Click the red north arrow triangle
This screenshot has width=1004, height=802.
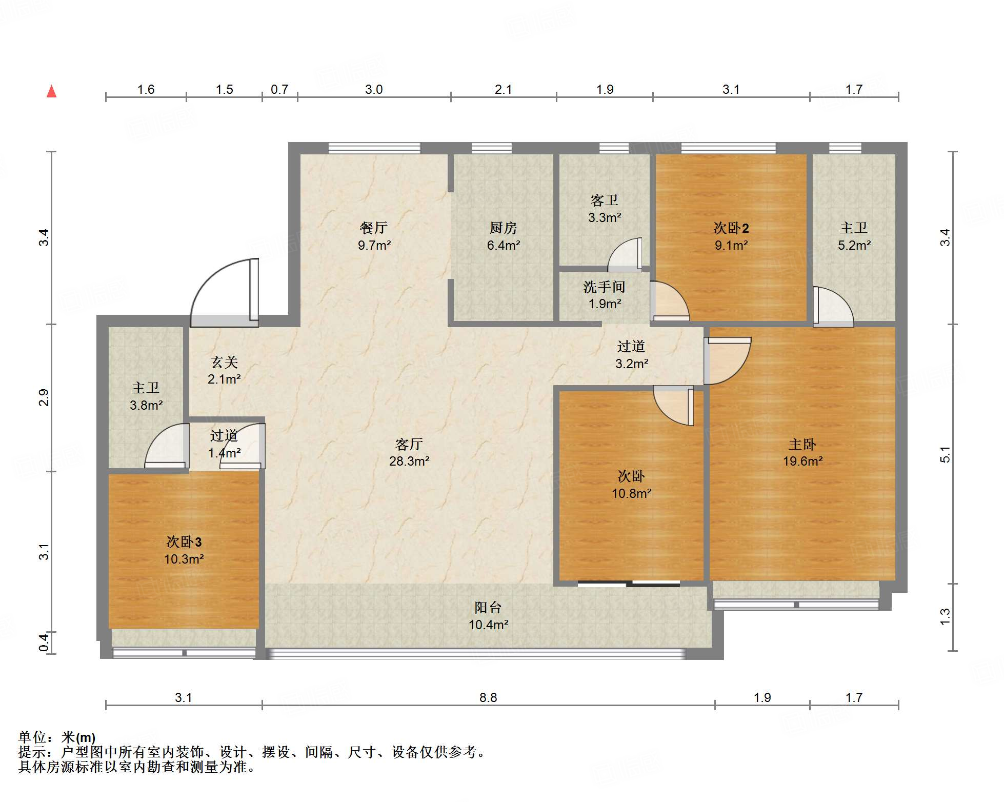click(51, 92)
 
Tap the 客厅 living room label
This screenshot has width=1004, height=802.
click(409, 444)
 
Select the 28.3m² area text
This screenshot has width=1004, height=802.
click(409, 461)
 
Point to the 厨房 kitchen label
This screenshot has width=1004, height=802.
click(503, 228)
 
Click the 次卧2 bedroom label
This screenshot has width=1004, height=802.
click(731, 228)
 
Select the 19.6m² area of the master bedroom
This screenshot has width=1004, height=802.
click(802, 461)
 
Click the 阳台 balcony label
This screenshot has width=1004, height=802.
click(488, 608)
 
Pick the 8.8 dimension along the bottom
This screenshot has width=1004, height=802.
click(488, 697)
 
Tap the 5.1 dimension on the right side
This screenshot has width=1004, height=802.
click(945, 454)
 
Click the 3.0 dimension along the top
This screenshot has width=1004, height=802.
click(374, 90)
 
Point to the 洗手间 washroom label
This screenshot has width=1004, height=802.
click(604, 287)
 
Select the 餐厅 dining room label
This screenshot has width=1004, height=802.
click(374, 228)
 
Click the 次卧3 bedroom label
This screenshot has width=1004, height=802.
click(184, 542)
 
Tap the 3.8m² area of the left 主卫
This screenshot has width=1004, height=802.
click(146, 405)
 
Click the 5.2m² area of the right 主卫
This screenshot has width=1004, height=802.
click(854, 245)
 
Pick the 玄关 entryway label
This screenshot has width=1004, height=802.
click(225, 363)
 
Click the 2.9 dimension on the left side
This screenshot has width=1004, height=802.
click(44, 397)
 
